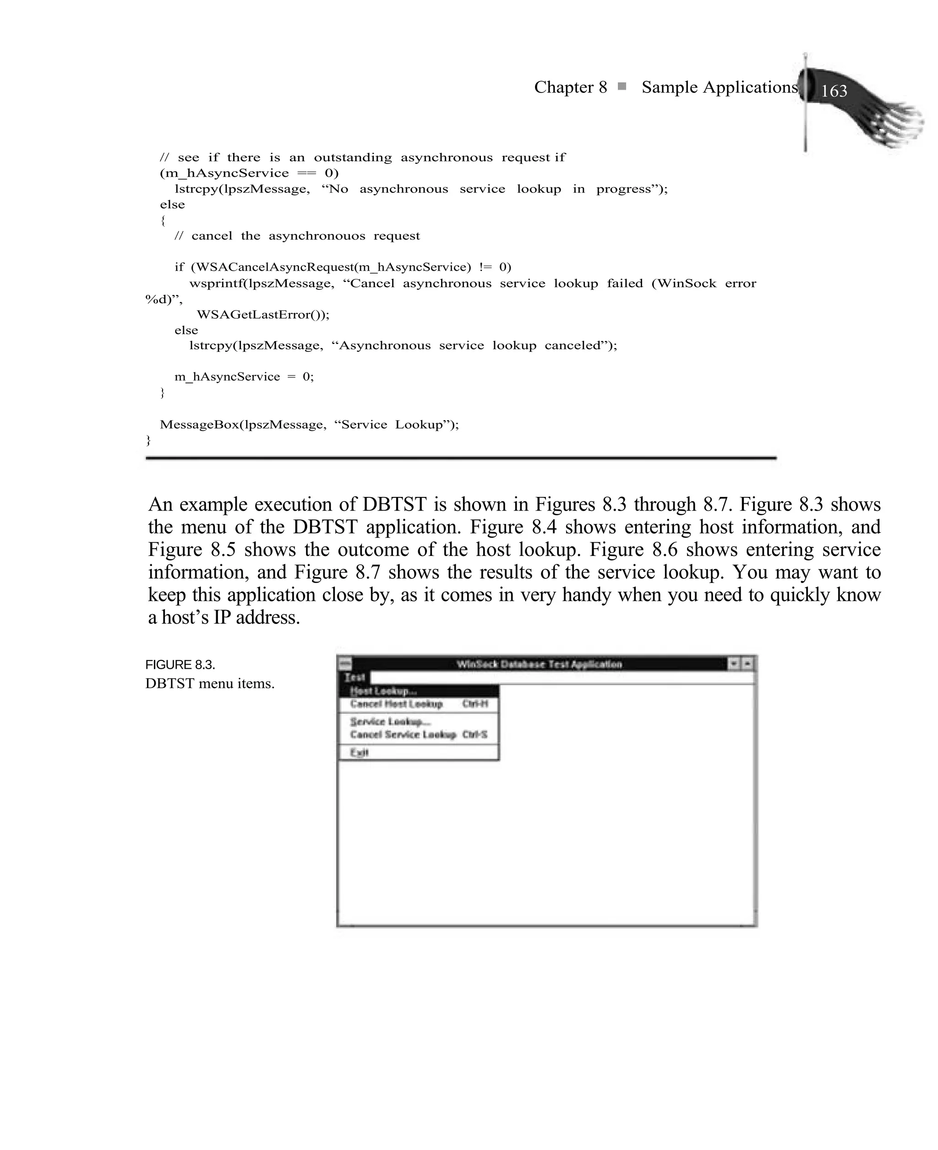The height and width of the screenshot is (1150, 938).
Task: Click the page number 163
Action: coord(834,91)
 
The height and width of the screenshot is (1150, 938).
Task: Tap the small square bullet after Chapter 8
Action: coord(622,87)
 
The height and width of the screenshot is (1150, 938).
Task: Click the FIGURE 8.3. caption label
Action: coord(180,665)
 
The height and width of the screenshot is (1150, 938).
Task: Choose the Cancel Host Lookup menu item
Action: coord(396,704)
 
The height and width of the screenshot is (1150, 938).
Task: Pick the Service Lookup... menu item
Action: coord(390,722)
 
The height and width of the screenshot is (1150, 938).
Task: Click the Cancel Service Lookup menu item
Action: coord(403,735)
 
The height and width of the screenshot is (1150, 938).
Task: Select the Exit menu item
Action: coord(359,752)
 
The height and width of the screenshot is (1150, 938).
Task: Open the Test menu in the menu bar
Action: coord(355,677)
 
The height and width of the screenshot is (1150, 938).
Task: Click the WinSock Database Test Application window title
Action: coord(539,664)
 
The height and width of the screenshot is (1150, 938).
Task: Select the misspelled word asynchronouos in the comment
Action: coord(316,235)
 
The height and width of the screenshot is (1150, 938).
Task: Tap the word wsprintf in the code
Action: coord(216,283)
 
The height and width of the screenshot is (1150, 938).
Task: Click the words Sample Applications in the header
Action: coord(719,87)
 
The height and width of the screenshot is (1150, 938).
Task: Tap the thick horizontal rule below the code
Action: coord(460,458)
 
